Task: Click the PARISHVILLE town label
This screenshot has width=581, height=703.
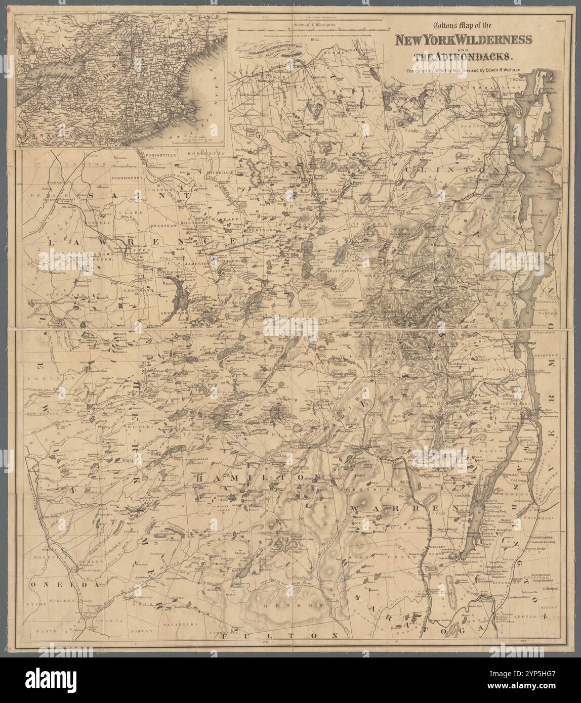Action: pos(160,153)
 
